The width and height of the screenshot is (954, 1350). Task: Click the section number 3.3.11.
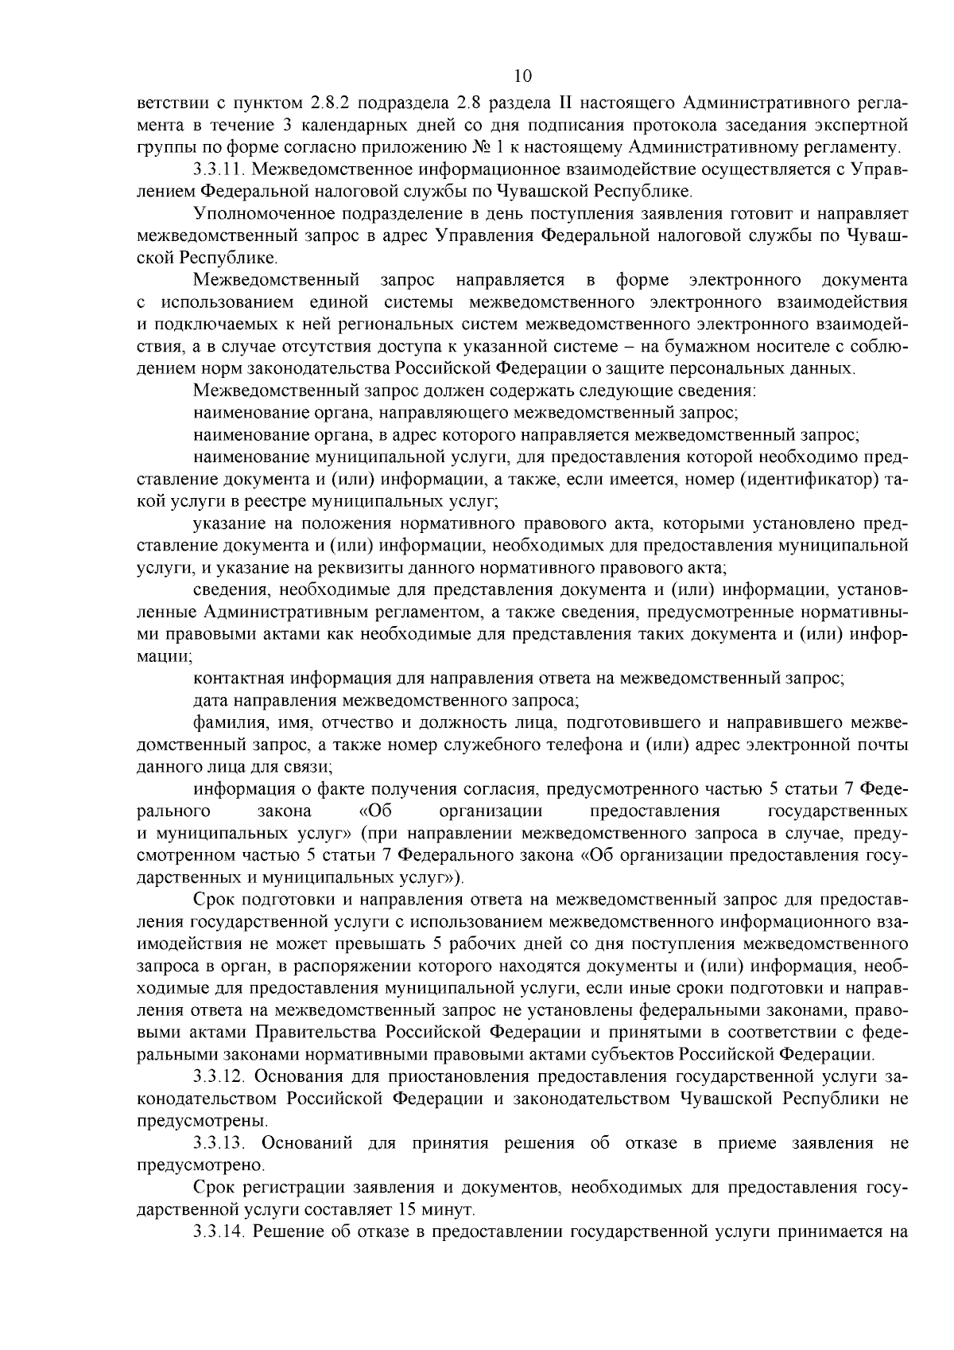[x=219, y=169]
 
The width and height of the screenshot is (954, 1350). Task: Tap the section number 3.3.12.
[x=219, y=1076]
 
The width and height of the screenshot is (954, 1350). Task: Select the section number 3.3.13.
[x=219, y=1143]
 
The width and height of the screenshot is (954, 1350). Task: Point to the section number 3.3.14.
[x=219, y=1231]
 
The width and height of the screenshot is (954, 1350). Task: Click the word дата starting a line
[x=210, y=702]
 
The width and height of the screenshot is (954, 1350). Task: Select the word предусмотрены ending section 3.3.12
[x=199, y=1121]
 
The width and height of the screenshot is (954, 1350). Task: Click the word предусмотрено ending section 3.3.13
[x=199, y=1165]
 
